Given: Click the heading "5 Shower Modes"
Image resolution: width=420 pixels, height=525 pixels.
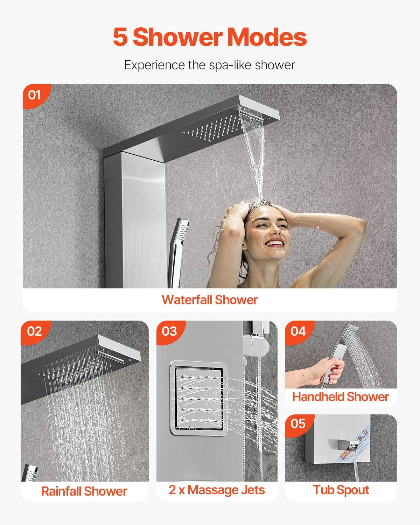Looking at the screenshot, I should click(210, 37).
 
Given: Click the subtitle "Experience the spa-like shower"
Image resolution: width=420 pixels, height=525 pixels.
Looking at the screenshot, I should click(210, 65).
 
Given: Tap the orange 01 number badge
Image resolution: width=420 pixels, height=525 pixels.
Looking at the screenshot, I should click(34, 95).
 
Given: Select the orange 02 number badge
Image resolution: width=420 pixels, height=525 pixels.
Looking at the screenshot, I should click(34, 331).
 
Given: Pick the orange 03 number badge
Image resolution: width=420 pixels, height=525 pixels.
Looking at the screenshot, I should click(169, 331).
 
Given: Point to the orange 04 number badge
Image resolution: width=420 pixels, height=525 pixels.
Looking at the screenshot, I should click(298, 331).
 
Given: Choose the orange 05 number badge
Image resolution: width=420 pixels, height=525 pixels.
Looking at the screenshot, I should click(298, 424).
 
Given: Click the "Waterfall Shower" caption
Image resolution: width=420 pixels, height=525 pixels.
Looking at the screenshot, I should click(210, 300).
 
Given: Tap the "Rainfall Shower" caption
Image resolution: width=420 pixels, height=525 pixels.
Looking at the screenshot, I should click(84, 491).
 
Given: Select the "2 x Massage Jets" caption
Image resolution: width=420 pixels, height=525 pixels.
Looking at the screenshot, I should click(217, 490).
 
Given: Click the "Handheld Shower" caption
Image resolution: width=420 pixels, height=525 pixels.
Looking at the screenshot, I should click(341, 397).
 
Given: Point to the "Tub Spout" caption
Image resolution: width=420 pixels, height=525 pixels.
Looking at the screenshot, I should click(341, 490).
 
